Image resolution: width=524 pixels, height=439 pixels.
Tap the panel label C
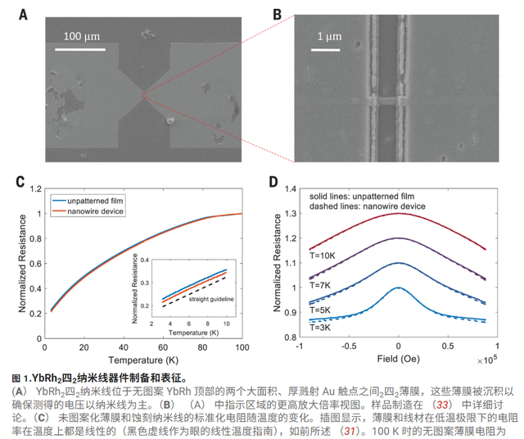click(22, 180)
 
